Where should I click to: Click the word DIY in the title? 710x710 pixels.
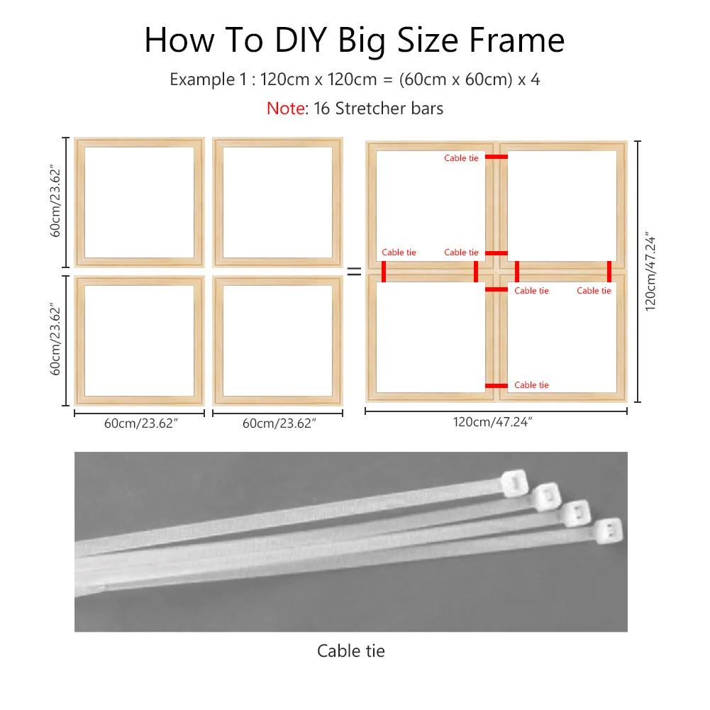tap(301, 40)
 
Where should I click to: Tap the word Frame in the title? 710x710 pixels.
tap(516, 40)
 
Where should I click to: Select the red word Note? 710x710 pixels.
tap(286, 109)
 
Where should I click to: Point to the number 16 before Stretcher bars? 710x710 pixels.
tap(321, 109)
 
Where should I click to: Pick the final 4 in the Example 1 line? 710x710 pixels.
tap(536, 79)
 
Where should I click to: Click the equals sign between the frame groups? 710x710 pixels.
tap(354, 272)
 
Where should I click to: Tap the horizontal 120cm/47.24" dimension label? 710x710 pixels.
tap(492, 422)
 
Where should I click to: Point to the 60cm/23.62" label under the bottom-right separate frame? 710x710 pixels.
tap(279, 423)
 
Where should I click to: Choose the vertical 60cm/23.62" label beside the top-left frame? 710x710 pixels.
tap(55, 201)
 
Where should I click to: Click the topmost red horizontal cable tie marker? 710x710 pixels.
tap(497, 157)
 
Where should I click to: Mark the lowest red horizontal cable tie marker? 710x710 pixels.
tap(497, 386)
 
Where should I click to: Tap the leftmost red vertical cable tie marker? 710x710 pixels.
tap(384, 272)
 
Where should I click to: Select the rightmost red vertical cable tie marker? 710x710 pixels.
tap(609, 272)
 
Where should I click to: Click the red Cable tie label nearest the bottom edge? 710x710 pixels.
tap(531, 385)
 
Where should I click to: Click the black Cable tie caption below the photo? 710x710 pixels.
tap(351, 651)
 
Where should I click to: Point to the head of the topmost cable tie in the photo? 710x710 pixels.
tap(515, 483)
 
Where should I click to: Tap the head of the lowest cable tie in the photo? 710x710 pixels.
tap(609, 531)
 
